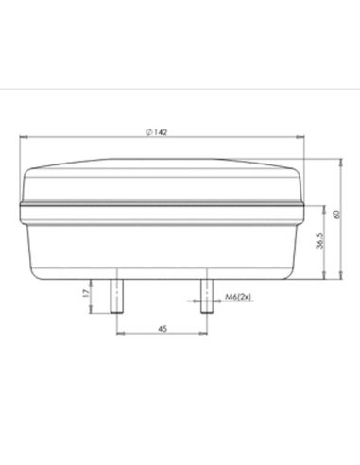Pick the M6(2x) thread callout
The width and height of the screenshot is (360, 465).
[237, 300]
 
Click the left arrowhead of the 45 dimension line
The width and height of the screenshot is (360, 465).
[117, 335]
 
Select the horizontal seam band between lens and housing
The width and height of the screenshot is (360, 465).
[162, 203]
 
